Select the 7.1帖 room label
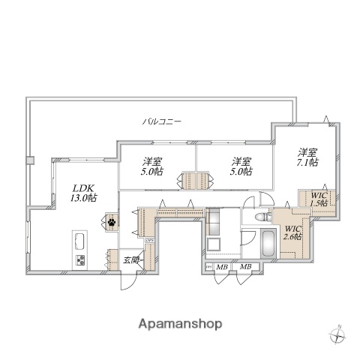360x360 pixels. click(307, 157)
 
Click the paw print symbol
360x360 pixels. click(111, 221)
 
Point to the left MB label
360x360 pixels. click(223, 267)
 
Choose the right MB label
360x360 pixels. click(245, 267)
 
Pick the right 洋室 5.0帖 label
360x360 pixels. click(240, 166)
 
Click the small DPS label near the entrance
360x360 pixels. click(149, 241)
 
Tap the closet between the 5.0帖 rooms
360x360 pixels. click(196, 181)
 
